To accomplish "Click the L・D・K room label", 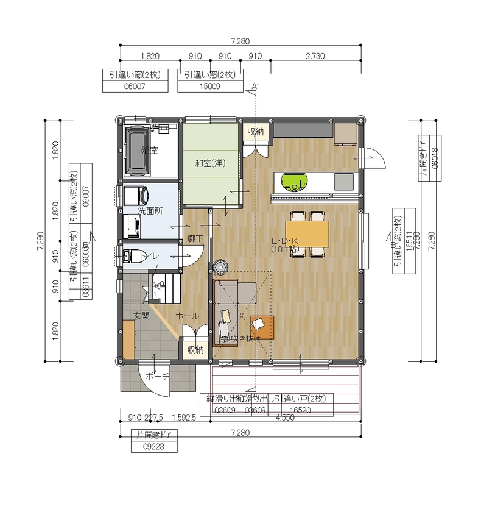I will tap(284, 241).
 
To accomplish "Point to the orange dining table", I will tap(307, 234).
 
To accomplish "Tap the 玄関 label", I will tap(142, 315).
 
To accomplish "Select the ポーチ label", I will tap(157, 377).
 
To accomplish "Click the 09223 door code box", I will tap(154, 446).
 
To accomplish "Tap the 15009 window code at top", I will tap(209, 87).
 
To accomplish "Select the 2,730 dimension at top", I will tap(314, 55).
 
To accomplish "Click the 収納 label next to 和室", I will tap(255, 131).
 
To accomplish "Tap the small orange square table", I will tap(263, 327).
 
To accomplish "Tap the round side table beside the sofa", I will tap(220, 266).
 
